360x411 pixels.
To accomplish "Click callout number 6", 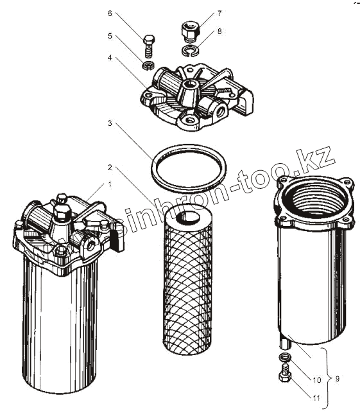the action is tap(110, 13).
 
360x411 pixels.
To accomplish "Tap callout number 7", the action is tap(219, 13).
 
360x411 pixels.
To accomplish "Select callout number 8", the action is tap(219, 31).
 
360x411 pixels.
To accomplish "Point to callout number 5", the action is tap(110, 36).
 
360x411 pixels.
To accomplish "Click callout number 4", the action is tap(110, 58).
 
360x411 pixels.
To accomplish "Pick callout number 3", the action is tap(110, 123).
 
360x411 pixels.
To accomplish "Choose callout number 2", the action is tap(110, 167).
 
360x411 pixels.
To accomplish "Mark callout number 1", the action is tap(110, 184).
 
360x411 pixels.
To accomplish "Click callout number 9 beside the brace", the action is tap(337, 378).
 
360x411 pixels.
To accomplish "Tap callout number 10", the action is tap(316, 380).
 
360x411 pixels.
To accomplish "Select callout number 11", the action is tap(316, 398).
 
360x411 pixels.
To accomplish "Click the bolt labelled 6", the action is tap(149, 46).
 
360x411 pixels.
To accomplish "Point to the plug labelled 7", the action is tap(191, 32).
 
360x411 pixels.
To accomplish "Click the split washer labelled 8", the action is tap(191, 50).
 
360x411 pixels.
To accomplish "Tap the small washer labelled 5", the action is tap(149, 66).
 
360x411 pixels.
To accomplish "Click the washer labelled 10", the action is tap(285, 357).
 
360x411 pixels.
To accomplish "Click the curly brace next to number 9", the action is tap(327, 378).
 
